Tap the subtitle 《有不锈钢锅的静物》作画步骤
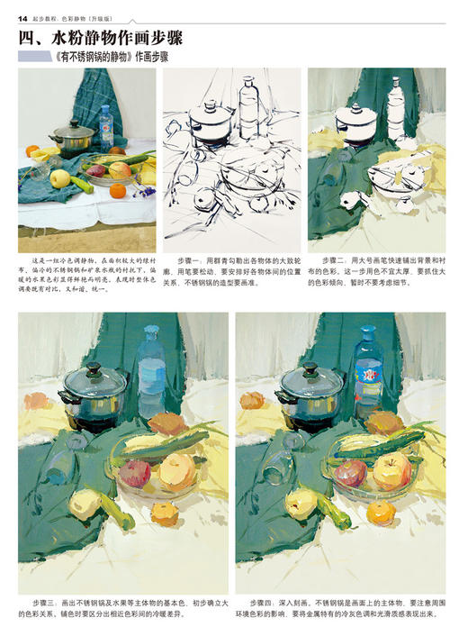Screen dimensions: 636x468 point(112,57)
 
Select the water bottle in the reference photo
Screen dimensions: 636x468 point(107,127)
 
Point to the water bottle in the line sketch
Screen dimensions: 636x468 point(248,108)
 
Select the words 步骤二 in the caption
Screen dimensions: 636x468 point(334,259)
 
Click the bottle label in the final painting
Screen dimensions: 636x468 point(366,370)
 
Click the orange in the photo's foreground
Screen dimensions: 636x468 point(118,190)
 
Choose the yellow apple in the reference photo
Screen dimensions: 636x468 point(60,178)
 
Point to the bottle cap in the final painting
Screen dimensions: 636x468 point(366,332)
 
